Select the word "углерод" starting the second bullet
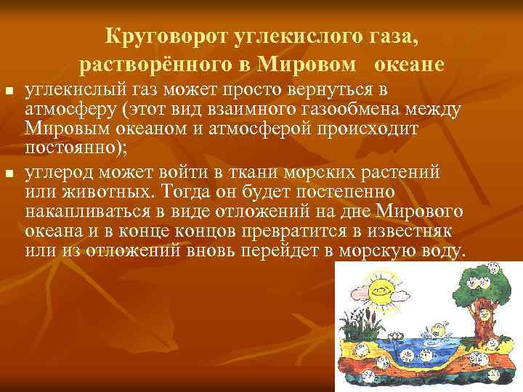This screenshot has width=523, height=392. pos(57,171)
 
